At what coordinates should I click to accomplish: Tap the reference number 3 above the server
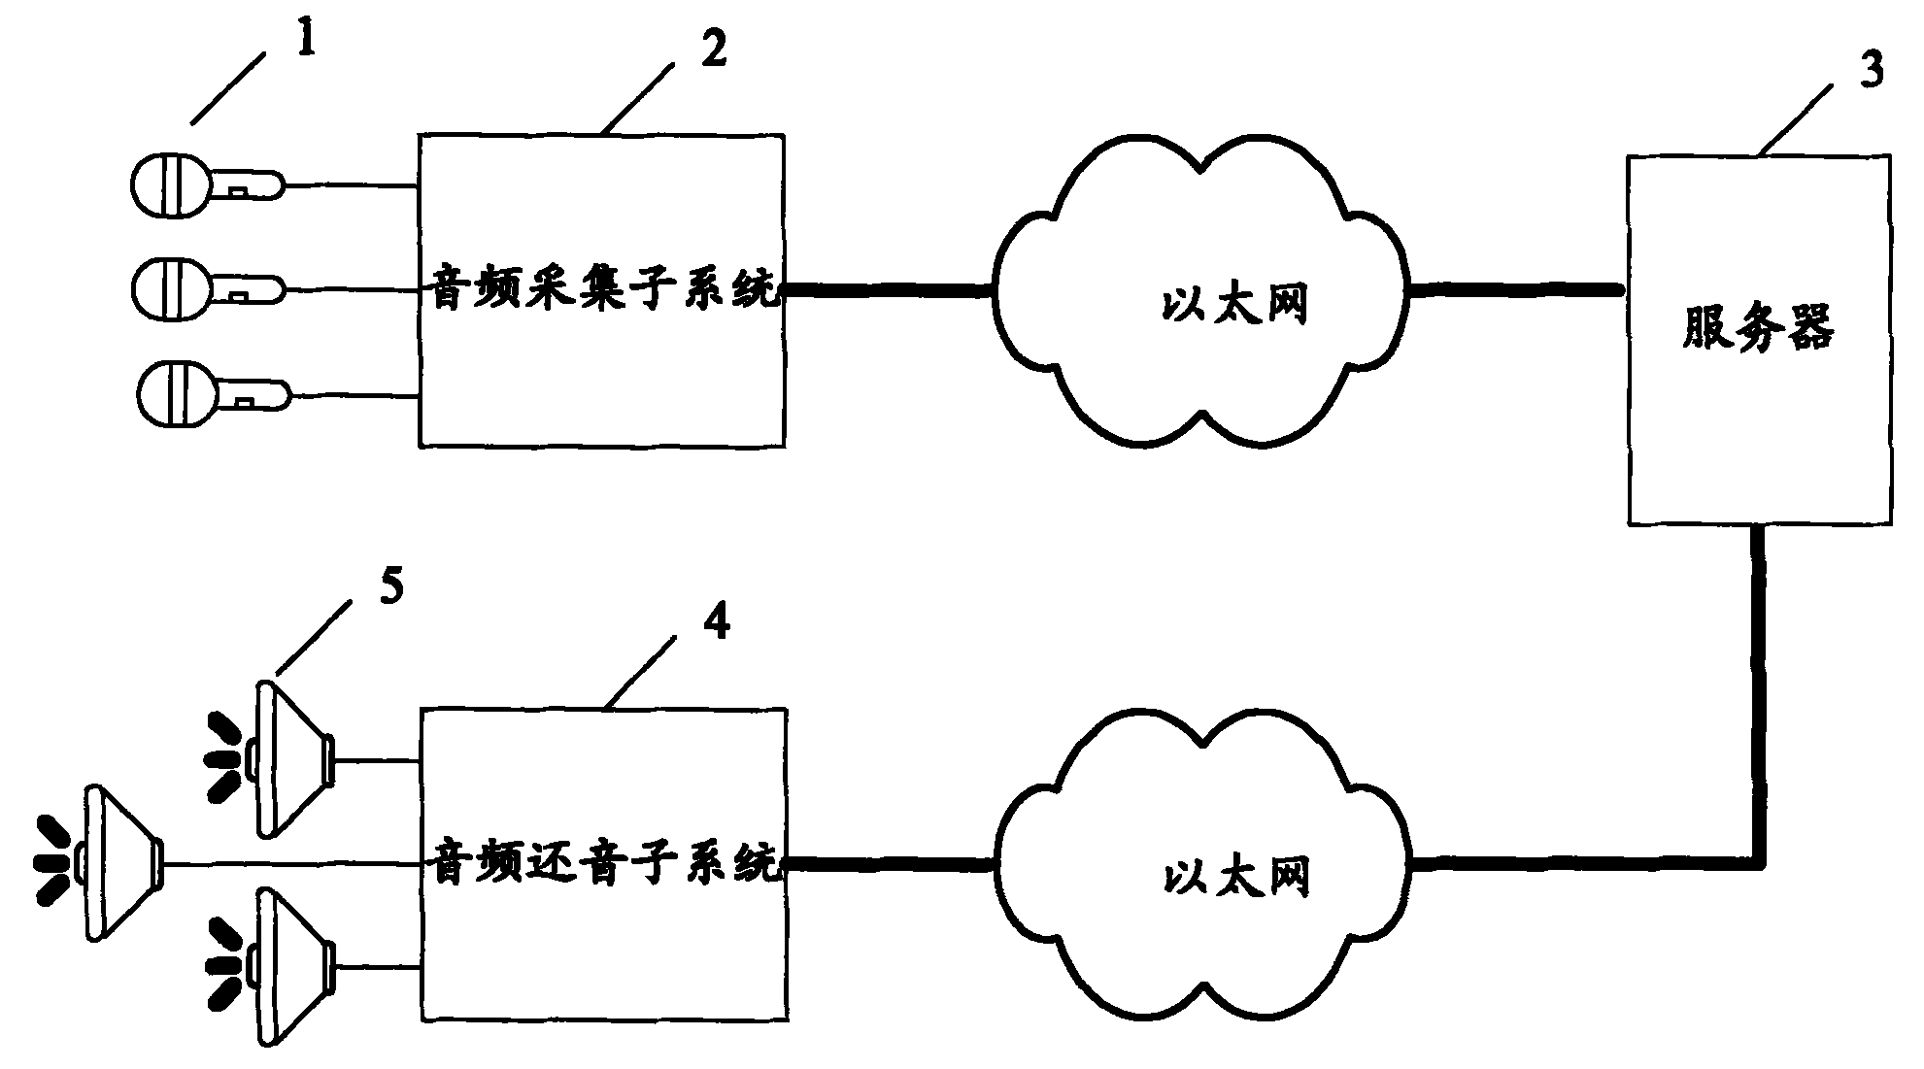coord(1871,70)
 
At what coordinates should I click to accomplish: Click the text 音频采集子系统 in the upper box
coord(602,290)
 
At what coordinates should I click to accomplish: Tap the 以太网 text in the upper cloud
coord(1233,305)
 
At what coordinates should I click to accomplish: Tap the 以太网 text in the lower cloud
coord(1233,877)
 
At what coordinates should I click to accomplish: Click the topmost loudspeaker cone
coord(291,759)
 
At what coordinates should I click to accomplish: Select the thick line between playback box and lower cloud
coord(889,861)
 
